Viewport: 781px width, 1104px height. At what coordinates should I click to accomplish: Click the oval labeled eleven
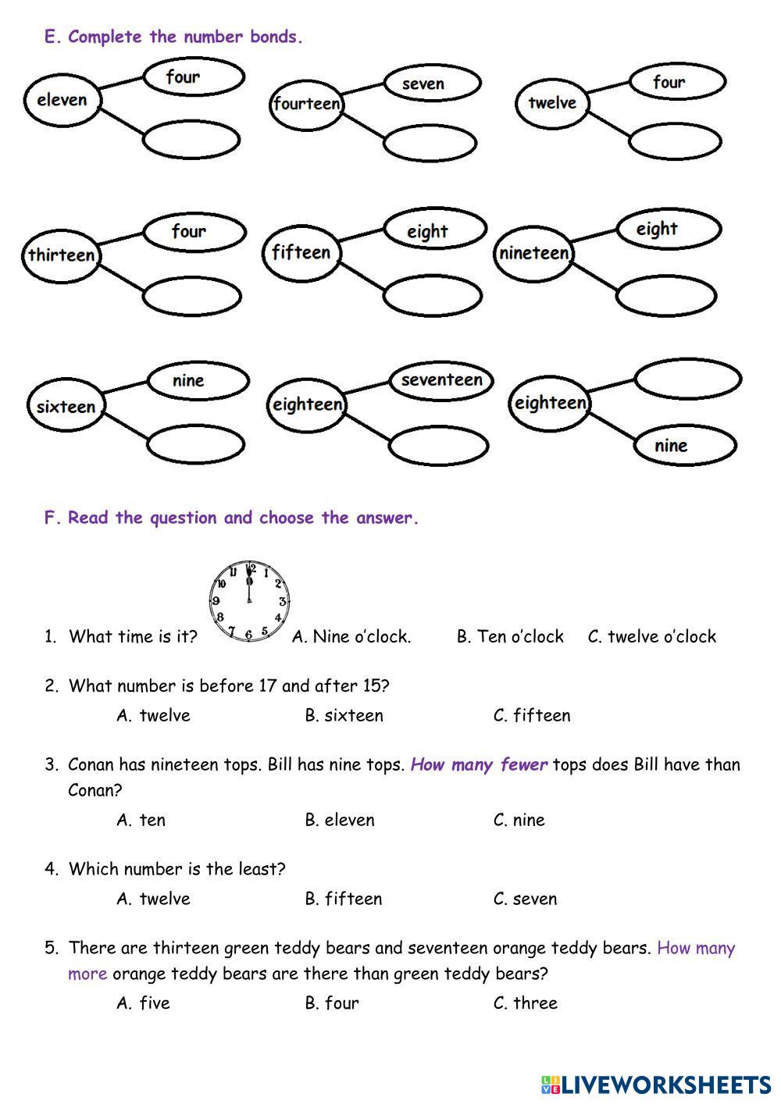coord(62,100)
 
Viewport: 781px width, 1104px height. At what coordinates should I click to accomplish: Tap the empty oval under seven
coord(430,144)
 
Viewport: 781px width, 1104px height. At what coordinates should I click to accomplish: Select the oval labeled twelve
coord(551,103)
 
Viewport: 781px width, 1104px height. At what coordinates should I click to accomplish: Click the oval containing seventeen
coord(442,380)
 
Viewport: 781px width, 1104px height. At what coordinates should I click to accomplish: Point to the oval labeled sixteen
coord(66,407)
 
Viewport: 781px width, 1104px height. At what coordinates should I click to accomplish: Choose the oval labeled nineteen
coord(534,253)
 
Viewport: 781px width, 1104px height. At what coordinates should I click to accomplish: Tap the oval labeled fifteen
coord(301,253)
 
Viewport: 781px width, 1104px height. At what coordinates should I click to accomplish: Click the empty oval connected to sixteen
coord(196,446)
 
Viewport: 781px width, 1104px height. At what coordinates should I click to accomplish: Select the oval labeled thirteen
coord(61,255)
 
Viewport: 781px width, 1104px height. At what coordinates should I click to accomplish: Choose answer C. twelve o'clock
coord(651,637)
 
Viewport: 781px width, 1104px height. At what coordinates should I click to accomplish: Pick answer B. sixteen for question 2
coord(344,716)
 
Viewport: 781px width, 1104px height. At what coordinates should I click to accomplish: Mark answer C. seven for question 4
coord(525,899)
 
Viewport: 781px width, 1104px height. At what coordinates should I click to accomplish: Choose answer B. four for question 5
coord(332,1003)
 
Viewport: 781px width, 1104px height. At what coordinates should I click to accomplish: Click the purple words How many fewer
coord(479,765)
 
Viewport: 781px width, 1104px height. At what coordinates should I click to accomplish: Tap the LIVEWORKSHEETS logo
coord(655,1084)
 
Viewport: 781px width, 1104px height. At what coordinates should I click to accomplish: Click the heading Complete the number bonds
coord(184,37)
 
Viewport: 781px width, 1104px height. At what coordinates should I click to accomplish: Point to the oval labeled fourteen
coord(307,104)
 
